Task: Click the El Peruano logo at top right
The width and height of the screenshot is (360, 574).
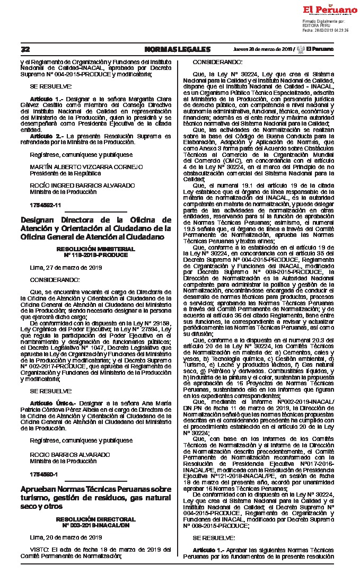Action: (330, 10)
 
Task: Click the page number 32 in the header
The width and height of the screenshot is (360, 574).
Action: (25, 49)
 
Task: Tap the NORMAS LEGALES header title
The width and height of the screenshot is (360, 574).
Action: (177, 49)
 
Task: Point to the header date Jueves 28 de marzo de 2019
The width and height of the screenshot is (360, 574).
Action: (264, 49)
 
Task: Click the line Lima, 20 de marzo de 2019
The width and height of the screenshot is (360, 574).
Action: (58, 537)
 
